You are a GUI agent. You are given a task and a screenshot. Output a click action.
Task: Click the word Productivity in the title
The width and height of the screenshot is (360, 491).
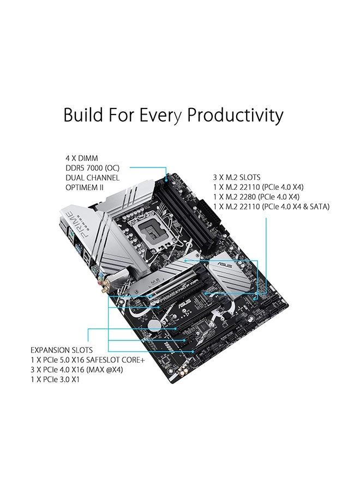pos(235,116)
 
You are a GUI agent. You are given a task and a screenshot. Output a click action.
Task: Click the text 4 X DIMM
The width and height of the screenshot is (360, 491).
pos(81,158)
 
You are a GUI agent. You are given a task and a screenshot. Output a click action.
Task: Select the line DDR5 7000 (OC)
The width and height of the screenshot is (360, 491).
pos(93,167)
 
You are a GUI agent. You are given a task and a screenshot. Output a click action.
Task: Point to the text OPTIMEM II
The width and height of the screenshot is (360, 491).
pos(85,188)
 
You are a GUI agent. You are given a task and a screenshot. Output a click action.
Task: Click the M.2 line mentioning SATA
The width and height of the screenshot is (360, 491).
pos(271,206)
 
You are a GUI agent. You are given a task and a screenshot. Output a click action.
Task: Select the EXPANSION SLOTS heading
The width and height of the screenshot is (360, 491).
pos(62,350)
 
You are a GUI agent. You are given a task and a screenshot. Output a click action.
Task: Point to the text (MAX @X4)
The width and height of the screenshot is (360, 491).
pos(107,369)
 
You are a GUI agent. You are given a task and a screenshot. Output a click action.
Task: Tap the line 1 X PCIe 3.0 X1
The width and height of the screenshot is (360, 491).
pos(55,379)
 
